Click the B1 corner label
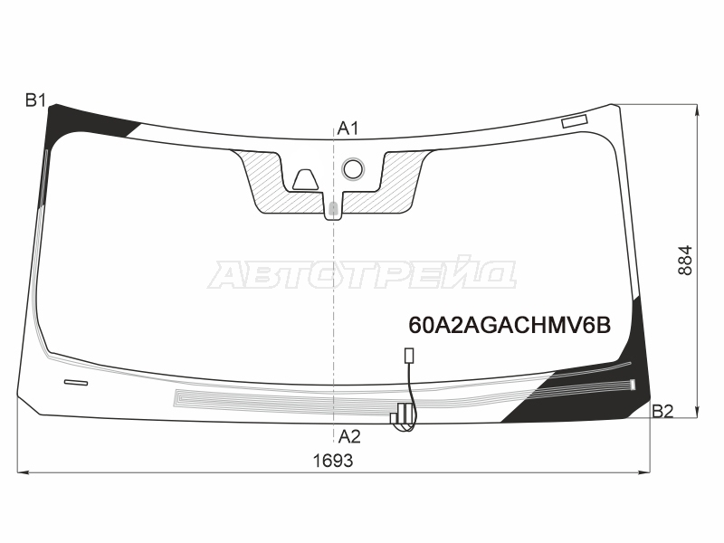35,100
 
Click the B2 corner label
662,411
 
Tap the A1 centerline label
348,129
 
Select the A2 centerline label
349,436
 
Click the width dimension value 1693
333,461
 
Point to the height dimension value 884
686,261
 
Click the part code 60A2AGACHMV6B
510,325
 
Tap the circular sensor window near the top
353,169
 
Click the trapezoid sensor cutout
305,180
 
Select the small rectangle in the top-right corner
575,121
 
